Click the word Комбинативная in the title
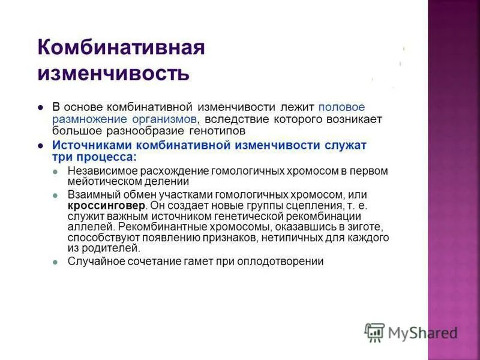(x=121, y=48)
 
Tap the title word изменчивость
(x=113, y=73)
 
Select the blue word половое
(x=341, y=107)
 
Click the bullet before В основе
(x=40, y=107)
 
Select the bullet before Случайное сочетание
(x=55, y=262)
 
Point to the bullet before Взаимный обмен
(x=55, y=196)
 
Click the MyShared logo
(x=412, y=332)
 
